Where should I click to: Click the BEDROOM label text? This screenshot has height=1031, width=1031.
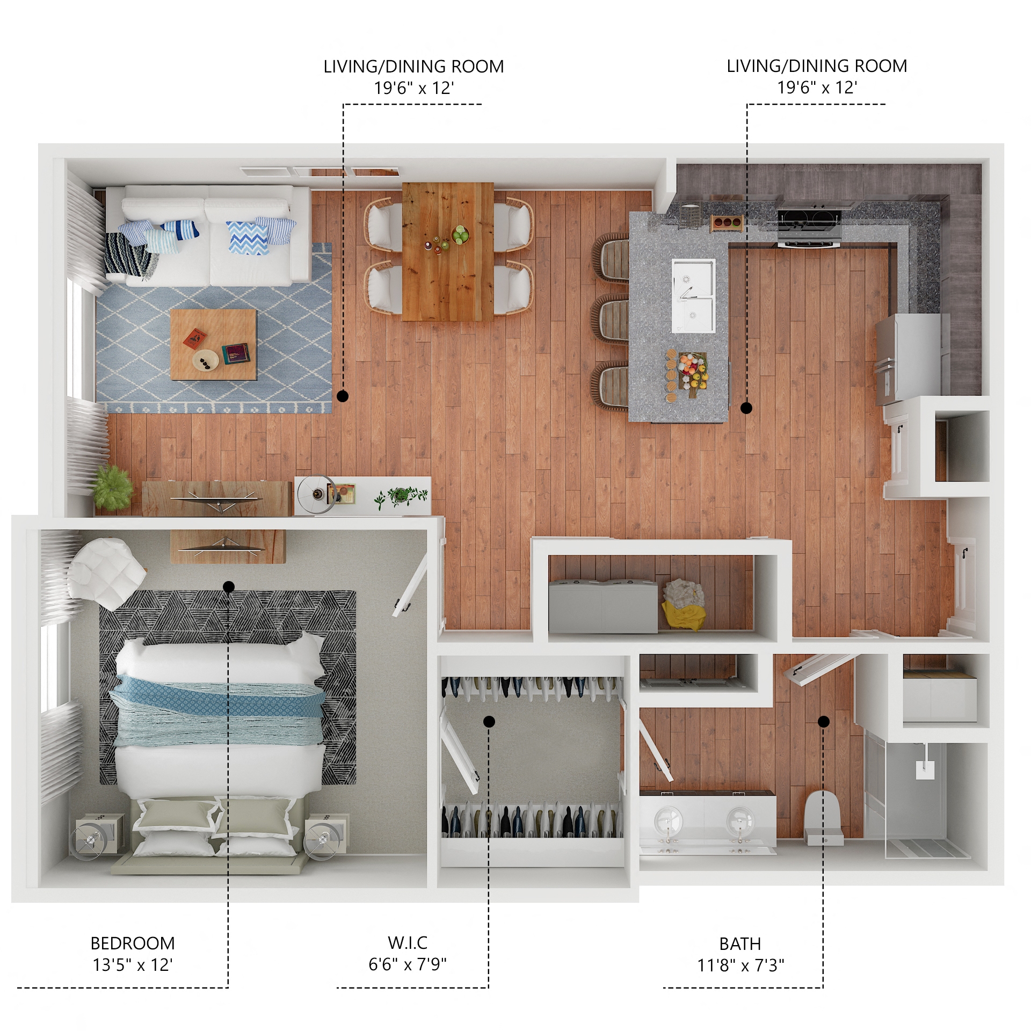click(x=132, y=943)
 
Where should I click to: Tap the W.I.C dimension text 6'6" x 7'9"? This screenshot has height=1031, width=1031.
click(x=407, y=964)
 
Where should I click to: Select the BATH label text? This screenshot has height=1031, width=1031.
click(x=739, y=943)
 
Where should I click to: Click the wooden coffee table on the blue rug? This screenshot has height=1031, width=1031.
click(x=213, y=344)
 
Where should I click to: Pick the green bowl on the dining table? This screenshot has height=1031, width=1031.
click(x=460, y=234)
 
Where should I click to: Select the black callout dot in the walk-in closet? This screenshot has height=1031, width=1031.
click(x=489, y=721)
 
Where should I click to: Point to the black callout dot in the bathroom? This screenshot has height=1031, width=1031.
click(x=823, y=721)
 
